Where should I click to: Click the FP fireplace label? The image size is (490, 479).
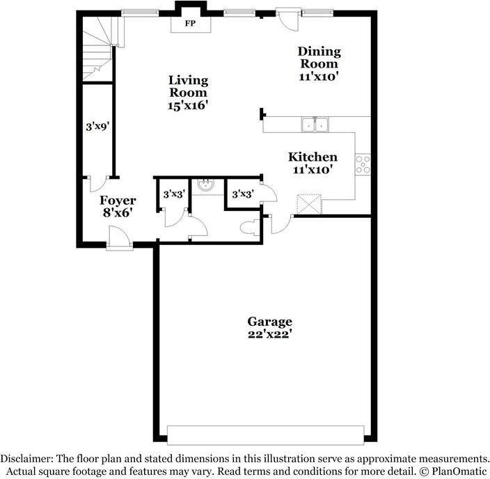click(x=189, y=23)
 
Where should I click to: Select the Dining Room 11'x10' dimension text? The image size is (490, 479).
click(x=319, y=77)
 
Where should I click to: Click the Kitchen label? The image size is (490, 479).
click(x=313, y=157)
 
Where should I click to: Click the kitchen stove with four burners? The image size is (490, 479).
click(x=363, y=164)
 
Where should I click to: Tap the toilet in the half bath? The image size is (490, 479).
click(x=248, y=227)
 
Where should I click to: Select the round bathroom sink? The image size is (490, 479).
click(x=205, y=185)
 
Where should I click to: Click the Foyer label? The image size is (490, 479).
click(x=118, y=201)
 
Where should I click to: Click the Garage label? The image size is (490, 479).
click(x=270, y=322)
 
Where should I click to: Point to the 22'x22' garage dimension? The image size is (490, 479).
click(x=270, y=333)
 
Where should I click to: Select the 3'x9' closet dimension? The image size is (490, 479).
click(x=95, y=127)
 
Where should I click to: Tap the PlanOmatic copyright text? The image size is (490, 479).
click(x=452, y=471)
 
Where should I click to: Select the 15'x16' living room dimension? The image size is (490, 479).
click(x=188, y=105)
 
